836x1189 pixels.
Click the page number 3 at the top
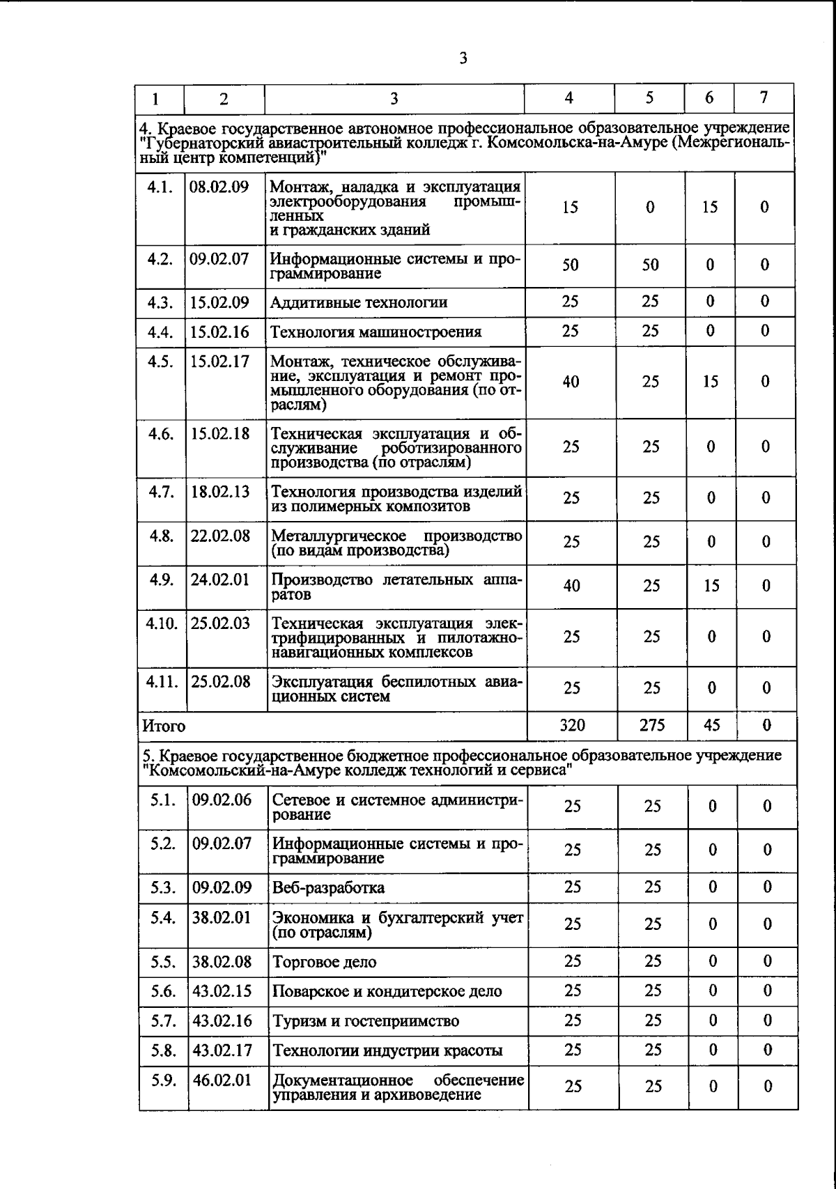[x=463, y=59]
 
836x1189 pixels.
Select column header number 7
[x=764, y=98]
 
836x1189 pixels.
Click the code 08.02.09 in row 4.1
[x=219, y=187]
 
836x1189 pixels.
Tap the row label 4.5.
[x=160, y=362]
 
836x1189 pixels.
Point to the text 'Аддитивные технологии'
[x=359, y=302]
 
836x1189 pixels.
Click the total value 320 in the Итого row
[x=572, y=725]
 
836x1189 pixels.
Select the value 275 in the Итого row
[x=652, y=725]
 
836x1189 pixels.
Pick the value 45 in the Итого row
[x=711, y=725]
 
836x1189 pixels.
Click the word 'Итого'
[x=164, y=726]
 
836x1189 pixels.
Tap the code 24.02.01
[x=220, y=580]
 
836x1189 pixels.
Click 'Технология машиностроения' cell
[x=376, y=332]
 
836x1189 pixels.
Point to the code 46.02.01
[x=222, y=1080]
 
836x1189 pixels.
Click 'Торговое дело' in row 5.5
[x=325, y=962]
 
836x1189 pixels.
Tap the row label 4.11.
[x=162, y=681]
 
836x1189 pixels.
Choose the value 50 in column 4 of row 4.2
[x=570, y=265]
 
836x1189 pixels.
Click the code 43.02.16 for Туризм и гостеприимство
[x=222, y=1020]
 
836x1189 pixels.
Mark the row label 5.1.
[x=163, y=800]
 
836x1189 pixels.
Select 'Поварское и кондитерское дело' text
[x=387, y=991]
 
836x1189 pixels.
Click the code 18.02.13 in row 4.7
[x=220, y=492]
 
